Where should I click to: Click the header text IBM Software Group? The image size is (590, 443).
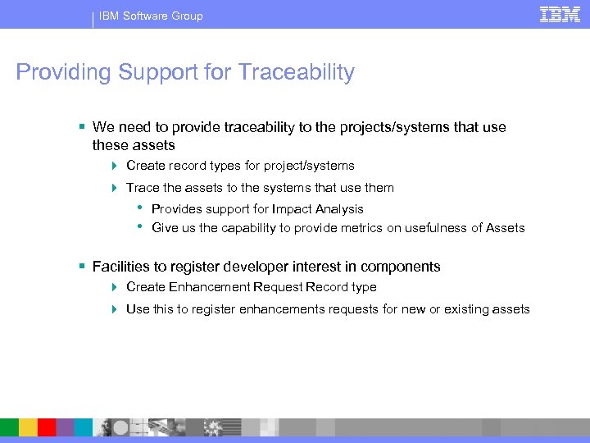click(x=151, y=16)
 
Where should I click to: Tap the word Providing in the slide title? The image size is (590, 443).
click(x=63, y=72)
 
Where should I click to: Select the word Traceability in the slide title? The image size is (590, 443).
click(x=297, y=72)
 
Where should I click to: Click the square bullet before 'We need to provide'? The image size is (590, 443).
click(x=82, y=127)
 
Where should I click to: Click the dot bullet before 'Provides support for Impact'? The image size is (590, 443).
click(x=141, y=207)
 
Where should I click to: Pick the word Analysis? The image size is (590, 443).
click(x=337, y=209)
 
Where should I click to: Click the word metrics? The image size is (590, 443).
click(x=364, y=228)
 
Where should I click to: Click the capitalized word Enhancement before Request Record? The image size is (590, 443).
click(x=212, y=287)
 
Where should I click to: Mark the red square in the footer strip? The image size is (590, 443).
click(x=47, y=427)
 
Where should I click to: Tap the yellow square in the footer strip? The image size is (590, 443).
click(x=28, y=427)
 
